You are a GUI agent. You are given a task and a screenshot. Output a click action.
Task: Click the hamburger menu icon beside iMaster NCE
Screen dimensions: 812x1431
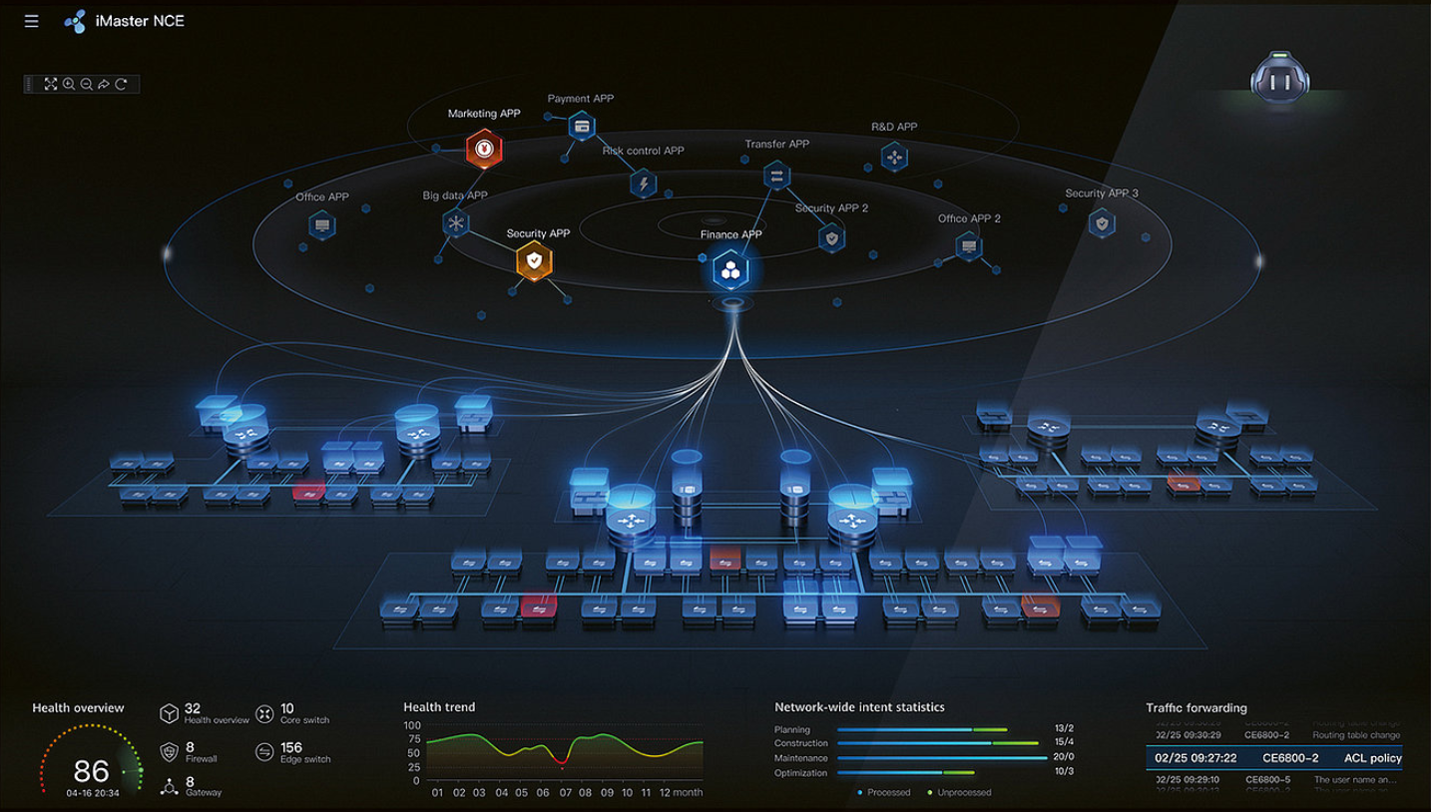(x=32, y=21)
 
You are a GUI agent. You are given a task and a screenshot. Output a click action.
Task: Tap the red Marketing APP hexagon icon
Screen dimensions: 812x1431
(x=484, y=149)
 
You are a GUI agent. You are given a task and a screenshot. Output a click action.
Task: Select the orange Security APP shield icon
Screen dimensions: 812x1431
(x=534, y=261)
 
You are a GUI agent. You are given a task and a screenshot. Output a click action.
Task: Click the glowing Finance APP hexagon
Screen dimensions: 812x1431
(x=731, y=269)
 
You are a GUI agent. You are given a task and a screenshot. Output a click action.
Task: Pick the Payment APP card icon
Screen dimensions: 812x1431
(x=582, y=127)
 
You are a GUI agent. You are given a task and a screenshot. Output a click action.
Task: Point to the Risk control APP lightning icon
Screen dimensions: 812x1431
(x=644, y=183)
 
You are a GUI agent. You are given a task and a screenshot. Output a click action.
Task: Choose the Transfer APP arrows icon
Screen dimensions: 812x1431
(x=776, y=176)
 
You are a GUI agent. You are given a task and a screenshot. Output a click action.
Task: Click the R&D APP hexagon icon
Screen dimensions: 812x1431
(x=893, y=157)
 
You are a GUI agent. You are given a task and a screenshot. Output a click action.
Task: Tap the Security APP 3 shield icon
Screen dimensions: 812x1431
(x=1102, y=222)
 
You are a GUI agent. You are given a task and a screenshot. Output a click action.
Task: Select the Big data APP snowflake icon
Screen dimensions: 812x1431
(x=456, y=222)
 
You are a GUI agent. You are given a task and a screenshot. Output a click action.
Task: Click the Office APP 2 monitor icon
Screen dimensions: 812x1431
(x=968, y=245)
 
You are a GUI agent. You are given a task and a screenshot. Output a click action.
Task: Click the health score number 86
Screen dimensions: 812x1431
(x=91, y=770)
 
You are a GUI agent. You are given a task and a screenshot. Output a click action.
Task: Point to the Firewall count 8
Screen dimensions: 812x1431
(x=190, y=747)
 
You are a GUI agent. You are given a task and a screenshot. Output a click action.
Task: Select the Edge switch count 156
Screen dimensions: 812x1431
(x=291, y=747)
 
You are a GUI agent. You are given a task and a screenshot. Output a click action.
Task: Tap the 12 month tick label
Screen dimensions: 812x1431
(x=680, y=792)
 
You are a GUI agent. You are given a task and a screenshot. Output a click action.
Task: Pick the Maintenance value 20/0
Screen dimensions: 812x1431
(x=1064, y=757)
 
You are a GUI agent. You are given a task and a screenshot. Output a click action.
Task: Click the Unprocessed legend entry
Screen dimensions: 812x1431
(x=964, y=792)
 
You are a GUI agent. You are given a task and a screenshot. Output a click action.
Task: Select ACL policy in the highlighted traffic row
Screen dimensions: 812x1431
(x=1372, y=758)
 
